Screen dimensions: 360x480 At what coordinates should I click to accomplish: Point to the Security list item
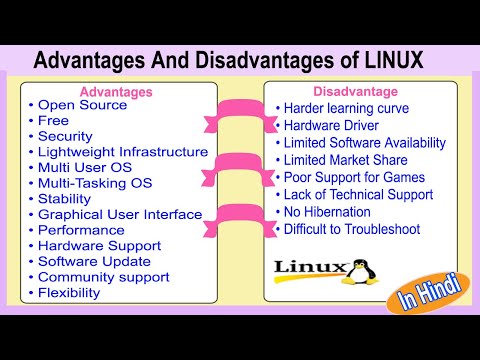click(65, 136)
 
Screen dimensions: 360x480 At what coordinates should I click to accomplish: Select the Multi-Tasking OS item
click(94, 183)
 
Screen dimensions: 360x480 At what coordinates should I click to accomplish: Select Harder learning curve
click(349, 107)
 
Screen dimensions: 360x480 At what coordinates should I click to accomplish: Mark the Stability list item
click(64, 199)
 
